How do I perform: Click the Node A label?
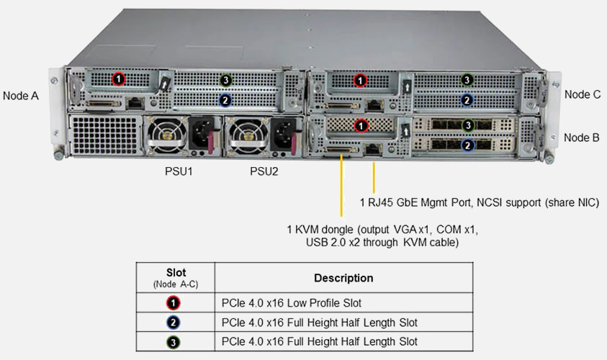pyautogui.click(x=20, y=95)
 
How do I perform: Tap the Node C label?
pyautogui.click(x=582, y=94)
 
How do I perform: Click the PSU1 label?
pyautogui.click(x=179, y=171)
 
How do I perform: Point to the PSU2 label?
pyautogui.click(x=264, y=171)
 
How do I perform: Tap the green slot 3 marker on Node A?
pyautogui.click(x=225, y=80)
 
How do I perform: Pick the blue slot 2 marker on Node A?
pyautogui.click(x=225, y=100)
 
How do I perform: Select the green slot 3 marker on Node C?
pyautogui.click(x=467, y=80)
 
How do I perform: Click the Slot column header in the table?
pyautogui.click(x=175, y=277)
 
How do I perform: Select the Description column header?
pyautogui.click(x=343, y=278)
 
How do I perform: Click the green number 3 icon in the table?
pyautogui.click(x=175, y=341)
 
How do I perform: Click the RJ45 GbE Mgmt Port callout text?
pyautogui.click(x=478, y=202)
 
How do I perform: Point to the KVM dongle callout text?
pyautogui.click(x=382, y=236)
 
